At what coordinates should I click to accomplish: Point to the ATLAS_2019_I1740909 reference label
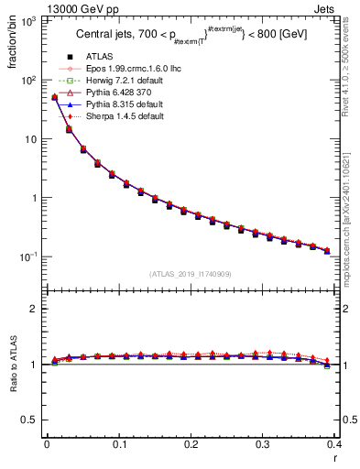click(190, 274)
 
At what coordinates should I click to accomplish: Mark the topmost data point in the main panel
click(54, 96)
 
